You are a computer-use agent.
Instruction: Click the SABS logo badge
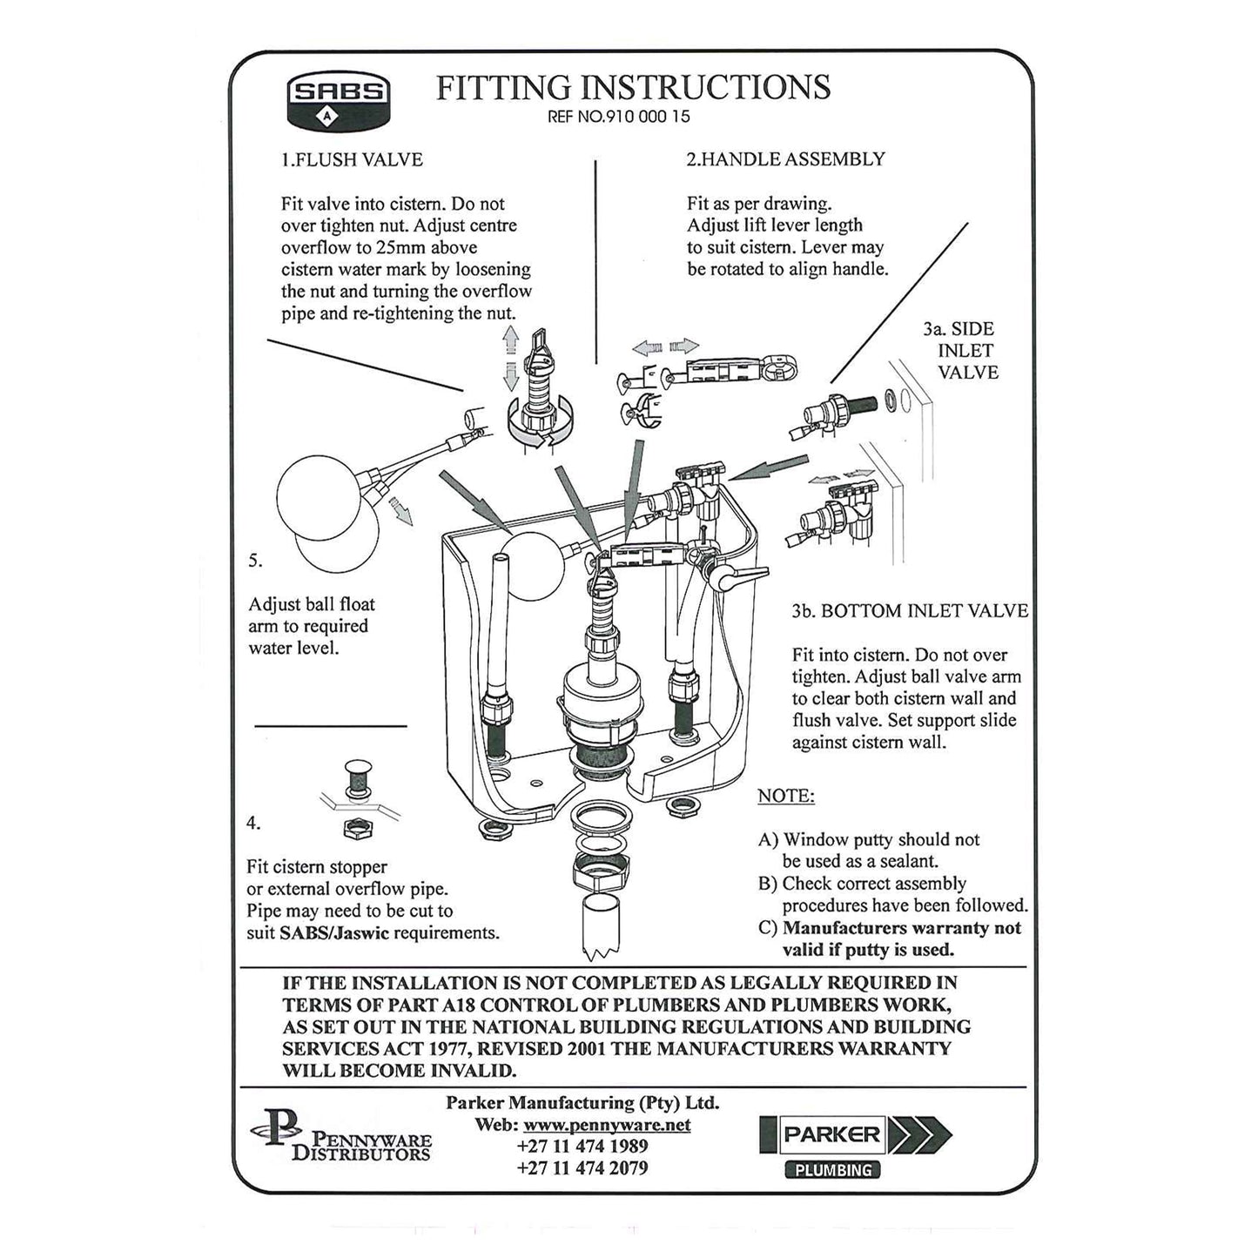click(339, 99)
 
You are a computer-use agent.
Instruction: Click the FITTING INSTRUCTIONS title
click(633, 87)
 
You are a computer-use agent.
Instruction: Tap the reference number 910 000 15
click(619, 117)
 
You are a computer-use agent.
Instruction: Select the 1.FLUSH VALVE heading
click(352, 159)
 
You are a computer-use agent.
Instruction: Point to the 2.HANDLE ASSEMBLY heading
click(785, 158)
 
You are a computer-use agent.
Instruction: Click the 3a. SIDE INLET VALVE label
click(961, 351)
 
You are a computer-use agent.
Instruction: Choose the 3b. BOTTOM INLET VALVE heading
click(910, 610)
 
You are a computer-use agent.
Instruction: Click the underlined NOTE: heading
click(786, 796)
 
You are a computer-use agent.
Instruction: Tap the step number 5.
click(255, 561)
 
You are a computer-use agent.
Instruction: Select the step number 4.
click(253, 823)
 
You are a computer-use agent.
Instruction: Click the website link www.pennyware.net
click(607, 1124)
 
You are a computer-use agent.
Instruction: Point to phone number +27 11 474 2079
click(582, 1167)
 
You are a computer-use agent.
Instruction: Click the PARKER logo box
click(823, 1134)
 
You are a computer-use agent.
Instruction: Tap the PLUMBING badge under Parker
click(832, 1170)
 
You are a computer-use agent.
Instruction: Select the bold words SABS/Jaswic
click(334, 932)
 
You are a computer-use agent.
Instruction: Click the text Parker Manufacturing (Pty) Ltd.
click(582, 1102)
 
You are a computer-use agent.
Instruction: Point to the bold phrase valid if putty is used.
click(868, 950)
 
